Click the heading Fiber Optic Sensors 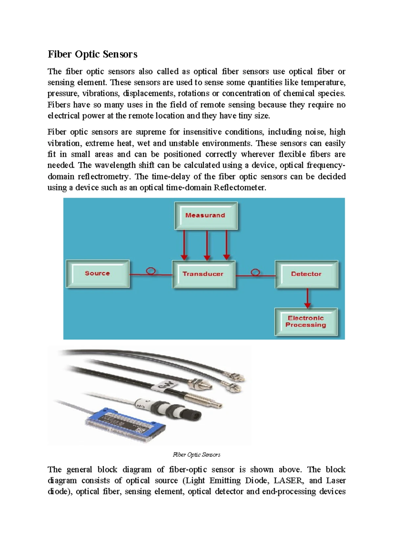(93, 54)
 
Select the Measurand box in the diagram (206, 215)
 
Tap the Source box (98, 273)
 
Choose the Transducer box (203, 274)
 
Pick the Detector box (306, 274)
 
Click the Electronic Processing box (306, 322)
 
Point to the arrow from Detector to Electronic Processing (307, 298)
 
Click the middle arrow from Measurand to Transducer (207, 245)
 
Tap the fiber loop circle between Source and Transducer (151, 271)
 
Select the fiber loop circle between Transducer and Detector (255, 272)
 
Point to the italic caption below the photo (196, 455)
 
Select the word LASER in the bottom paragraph (286, 481)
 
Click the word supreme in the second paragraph (151, 132)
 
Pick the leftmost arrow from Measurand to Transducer (184, 245)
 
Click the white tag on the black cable (166, 387)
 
